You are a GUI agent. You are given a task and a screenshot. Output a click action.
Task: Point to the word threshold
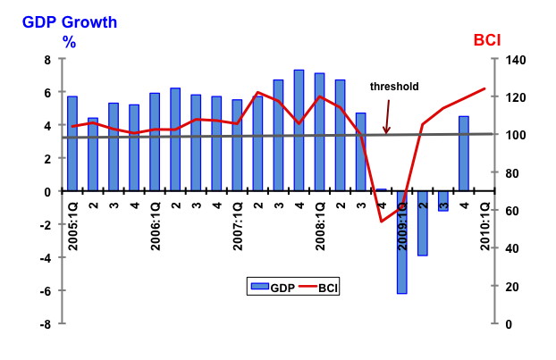click(394, 87)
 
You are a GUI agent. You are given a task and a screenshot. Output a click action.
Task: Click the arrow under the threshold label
click(387, 117)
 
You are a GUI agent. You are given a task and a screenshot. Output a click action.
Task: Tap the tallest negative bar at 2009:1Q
click(402, 241)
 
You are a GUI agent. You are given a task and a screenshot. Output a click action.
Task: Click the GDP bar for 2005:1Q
click(72, 144)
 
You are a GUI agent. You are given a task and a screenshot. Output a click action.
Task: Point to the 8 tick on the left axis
click(47, 60)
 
